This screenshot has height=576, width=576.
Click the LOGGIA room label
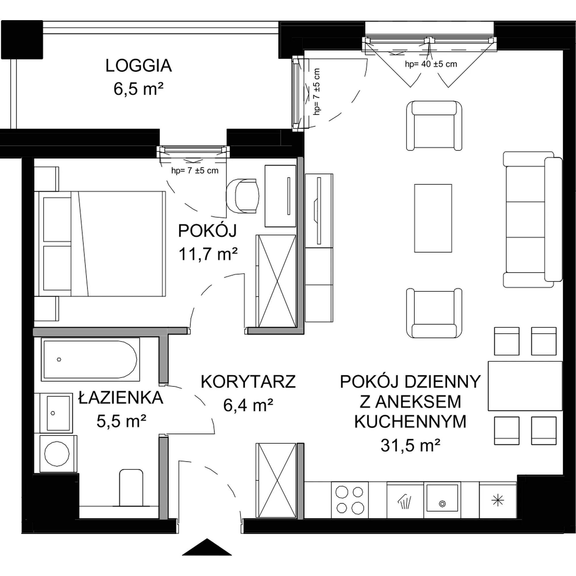[139, 66]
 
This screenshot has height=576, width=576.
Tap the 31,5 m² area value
[410, 446]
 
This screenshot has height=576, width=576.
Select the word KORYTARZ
[248, 382]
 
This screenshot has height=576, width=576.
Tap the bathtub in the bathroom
[90, 359]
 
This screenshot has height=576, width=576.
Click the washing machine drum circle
[57, 454]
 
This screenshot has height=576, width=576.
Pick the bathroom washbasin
[58, 413]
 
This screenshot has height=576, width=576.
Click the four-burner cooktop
[350, 500]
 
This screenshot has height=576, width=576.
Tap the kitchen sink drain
[442, 504]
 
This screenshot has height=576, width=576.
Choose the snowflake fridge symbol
[498, 501]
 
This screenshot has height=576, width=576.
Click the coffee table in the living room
[433, 218]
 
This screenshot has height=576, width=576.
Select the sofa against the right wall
[533, 219]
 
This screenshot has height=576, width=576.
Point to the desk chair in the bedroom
[243, 196]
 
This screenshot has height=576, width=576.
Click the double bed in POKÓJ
[100, 244]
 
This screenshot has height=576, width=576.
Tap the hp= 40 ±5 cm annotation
[431, 64]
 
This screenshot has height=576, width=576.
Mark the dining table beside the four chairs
[525, 386]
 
